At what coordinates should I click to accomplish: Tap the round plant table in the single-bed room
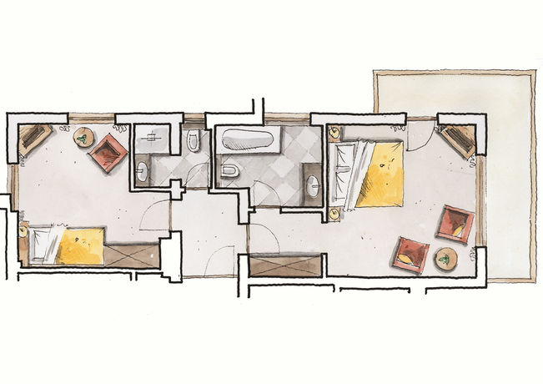pyautogui.click(x=84, y=137)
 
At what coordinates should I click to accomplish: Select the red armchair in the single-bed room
pyautogui.click(x=108, y=152)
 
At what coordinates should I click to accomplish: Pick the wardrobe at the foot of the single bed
pyautogui.click(x=132, y=255)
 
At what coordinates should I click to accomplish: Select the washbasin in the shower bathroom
pyautogui.click(x=141, y=173)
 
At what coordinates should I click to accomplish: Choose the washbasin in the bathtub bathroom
pyautogui.click(x=313, y=184)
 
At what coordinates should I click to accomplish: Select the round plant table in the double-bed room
pyautogui.click(x=445, y=259)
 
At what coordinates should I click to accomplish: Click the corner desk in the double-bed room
pyautogui.click(x=458, y=139)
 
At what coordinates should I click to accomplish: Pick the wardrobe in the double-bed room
pyautogui.click(x=285, y=266)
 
